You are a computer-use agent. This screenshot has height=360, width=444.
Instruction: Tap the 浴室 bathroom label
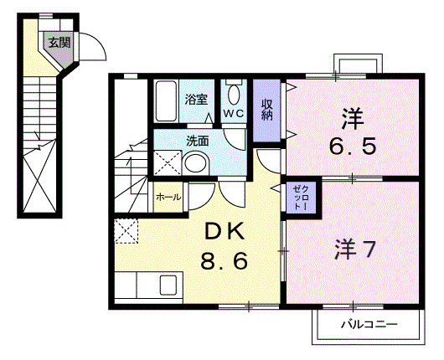[195, 98]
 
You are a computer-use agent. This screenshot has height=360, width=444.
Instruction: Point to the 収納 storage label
[266, 110]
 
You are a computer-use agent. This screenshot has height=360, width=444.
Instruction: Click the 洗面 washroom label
[198, 141]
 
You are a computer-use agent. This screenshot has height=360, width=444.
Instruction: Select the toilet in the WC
[233, 93]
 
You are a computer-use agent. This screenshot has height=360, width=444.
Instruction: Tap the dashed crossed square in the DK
[126, 229]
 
